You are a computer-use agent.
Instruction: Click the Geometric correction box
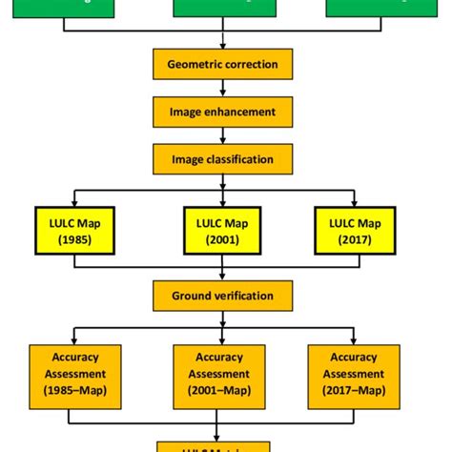[222, 64]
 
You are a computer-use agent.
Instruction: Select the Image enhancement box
[222, 112]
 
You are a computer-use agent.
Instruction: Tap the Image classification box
[222, 159]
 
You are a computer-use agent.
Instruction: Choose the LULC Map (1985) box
[75, 231]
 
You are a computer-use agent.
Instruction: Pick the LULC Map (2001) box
[222, 231]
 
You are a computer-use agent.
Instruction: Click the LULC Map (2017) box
[355, 231]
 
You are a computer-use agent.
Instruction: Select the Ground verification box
[222, 296]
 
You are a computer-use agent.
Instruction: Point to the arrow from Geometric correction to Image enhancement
[222, 88]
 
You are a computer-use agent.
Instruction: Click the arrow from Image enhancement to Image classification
[222, 135]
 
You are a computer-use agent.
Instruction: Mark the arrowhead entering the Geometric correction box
[222, 45]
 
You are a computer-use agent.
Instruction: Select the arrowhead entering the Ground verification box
[222, 277]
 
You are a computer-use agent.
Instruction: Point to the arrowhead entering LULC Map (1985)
[75, 201]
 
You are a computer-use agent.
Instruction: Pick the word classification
[239, 159]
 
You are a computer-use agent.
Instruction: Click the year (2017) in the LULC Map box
[355, 239]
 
